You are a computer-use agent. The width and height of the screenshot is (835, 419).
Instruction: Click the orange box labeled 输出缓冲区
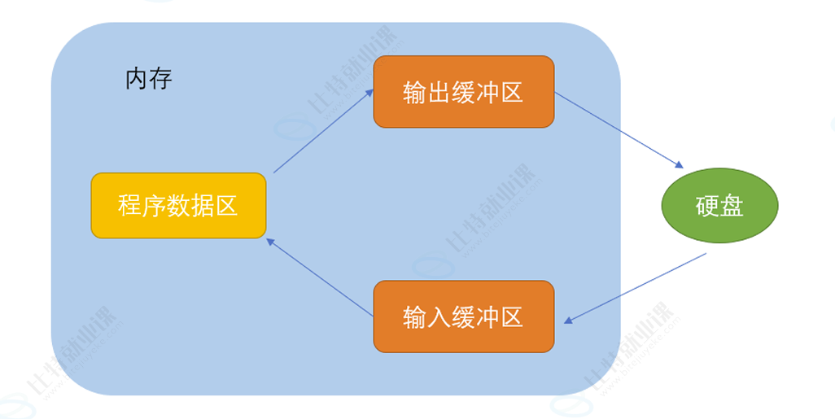coord(463,92)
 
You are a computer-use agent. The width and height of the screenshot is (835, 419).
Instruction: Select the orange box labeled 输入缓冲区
coord(463,316)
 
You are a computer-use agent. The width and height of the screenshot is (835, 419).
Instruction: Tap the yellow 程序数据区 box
coord(178,205)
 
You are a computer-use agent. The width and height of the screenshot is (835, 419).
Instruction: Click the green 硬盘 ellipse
coord(719,206)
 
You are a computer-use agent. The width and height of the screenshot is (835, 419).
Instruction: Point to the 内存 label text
coord(148,80)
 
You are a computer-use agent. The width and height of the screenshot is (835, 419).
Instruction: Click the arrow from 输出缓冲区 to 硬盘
coord(618,130)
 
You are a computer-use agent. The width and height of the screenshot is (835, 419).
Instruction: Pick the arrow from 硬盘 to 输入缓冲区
coord(635,288)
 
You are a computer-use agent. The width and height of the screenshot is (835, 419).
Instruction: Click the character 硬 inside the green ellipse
coord(707,206)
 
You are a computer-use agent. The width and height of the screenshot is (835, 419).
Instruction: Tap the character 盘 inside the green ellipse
coord(732,206)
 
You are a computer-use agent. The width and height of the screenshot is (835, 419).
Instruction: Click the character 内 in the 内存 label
coord(136,80)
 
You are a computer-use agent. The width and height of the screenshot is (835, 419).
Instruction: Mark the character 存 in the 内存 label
coord(160,80)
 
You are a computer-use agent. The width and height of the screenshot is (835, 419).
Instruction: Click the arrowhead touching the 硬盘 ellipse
coord(678,165)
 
